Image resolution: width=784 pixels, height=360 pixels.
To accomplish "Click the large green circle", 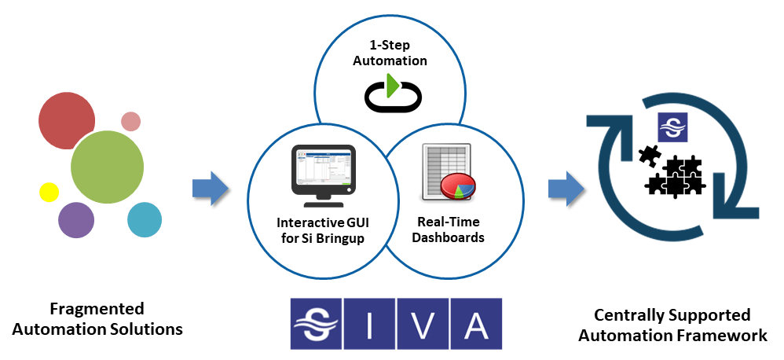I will click(107, 167).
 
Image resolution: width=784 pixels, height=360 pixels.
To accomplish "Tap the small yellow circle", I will click(49, 192).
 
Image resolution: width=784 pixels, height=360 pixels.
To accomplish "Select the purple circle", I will click(76, 219).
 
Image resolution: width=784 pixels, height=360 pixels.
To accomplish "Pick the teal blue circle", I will click(145, 219).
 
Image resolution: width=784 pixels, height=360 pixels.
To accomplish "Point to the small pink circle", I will click(131, 121).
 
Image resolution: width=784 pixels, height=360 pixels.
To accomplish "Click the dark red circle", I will click(66, 120).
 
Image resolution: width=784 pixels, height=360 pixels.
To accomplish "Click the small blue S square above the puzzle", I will click(672, 127).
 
